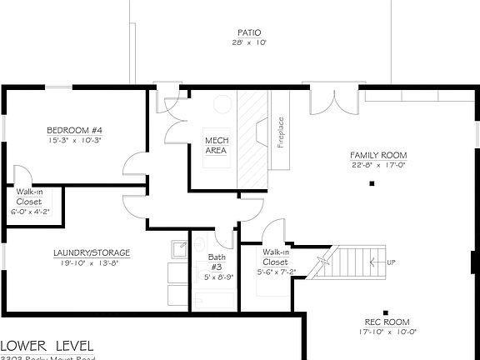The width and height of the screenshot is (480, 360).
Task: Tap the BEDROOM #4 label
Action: tap(74, 130)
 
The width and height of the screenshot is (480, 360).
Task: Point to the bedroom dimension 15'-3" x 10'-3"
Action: tap(74, 140)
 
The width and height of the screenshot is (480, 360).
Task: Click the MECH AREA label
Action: tap(216, 145)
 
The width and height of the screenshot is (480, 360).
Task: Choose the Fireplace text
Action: tap(281, 132)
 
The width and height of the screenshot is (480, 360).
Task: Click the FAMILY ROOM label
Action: tap(377, 155)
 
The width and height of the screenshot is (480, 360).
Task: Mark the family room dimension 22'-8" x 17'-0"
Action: tap(377, 165)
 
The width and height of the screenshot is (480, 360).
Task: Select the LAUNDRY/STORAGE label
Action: tap(92, 252)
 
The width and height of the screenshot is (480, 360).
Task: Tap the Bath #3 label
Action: tap(215, 262)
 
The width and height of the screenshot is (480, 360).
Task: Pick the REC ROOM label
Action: tap(387, 322)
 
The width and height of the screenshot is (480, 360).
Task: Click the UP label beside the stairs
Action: tap(391, 263)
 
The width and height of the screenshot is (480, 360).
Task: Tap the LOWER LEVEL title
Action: tap(47, 345)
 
